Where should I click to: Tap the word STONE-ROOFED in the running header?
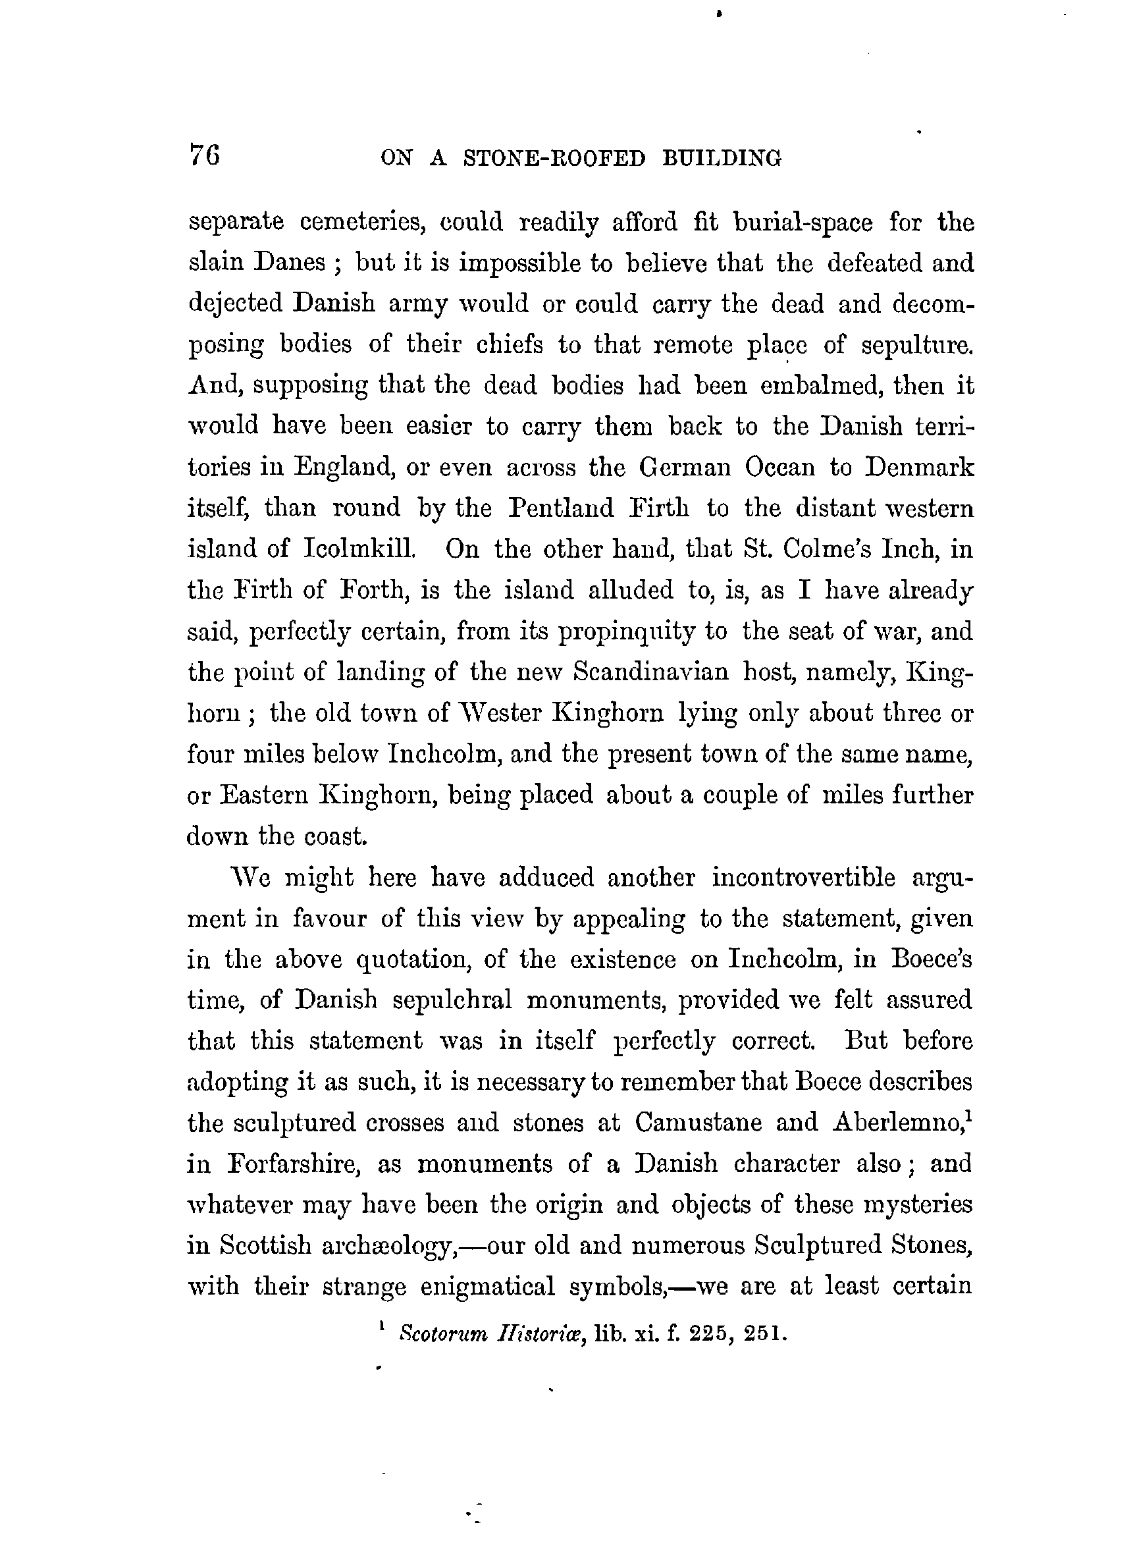point(555,159)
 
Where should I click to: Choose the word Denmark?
point(920,467)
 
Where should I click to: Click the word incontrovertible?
point(803,877)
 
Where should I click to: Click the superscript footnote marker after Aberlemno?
point(968,1114)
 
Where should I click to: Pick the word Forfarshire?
point(293,1164)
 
